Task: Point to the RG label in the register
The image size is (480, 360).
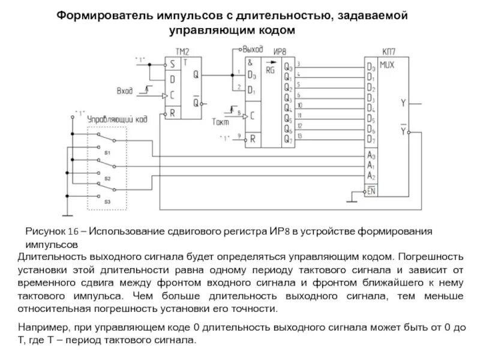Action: click(x=271, y=70)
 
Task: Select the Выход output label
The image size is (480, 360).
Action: click(x=252, y=47)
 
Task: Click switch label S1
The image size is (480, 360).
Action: click(x=107, y=153)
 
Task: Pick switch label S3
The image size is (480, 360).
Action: click(x=107, y=202)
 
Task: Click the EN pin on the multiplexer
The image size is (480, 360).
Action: click(x=371, y=191)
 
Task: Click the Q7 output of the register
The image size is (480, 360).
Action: click(x=289, y=140)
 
